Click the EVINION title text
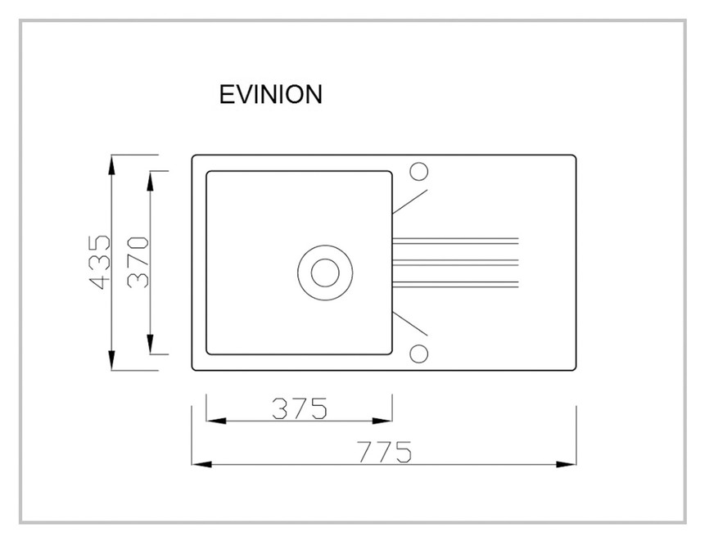click(270, 94)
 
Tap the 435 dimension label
click(100, 262)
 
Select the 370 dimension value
click(138, 262)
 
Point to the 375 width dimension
click(299, 408)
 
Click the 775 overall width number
click(384, 452)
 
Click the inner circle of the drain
click(325, 273)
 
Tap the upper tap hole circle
click(419, 172)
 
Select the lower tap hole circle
click(419, 354)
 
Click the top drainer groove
click(455, 241)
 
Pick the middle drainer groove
click(455, 263)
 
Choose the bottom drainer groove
click(455, 284)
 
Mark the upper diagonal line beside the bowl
click(409, 201)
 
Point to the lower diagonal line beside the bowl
click(409, 323)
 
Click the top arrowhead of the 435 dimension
click(111, 165)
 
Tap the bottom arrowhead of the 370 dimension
click(151, 344)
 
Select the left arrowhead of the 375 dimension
click(216, 422)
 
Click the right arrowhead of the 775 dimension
click(566, 464)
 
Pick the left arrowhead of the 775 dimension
click(201, 464)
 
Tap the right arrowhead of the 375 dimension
click(382, 422)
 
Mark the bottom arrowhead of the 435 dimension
click(111, 360)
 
